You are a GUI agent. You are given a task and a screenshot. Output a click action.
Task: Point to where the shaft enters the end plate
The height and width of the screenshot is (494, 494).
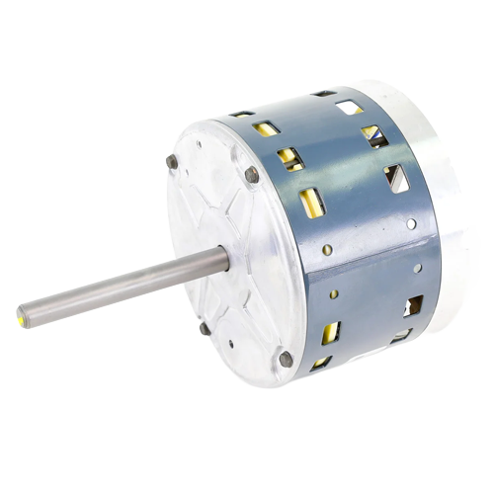223,259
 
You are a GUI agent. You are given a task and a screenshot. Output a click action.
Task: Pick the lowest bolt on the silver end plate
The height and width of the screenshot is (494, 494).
287,359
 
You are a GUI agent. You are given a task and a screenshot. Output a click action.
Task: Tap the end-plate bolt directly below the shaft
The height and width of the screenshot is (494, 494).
205,328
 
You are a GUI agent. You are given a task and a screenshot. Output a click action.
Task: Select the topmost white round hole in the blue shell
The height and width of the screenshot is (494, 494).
411,223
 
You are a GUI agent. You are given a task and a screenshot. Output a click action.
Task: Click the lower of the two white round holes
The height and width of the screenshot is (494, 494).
418,267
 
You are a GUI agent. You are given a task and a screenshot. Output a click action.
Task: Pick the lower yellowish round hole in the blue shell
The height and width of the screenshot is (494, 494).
334,293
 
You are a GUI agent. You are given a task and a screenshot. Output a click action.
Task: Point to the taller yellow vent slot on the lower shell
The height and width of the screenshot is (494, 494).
330,332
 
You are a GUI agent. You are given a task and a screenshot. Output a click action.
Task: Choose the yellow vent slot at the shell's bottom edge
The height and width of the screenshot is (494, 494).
321,363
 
